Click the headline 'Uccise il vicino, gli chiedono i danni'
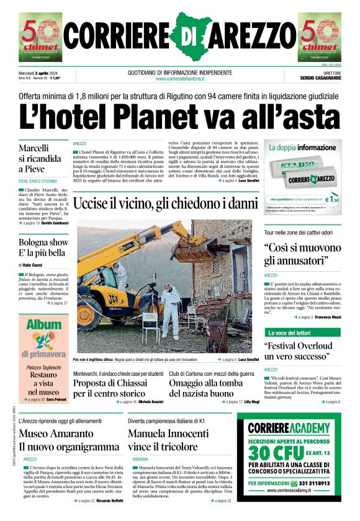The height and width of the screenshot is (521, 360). (165, 203)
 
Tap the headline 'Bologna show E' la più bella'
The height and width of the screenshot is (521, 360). (43, 247)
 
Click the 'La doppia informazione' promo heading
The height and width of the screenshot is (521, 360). (302, 148)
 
